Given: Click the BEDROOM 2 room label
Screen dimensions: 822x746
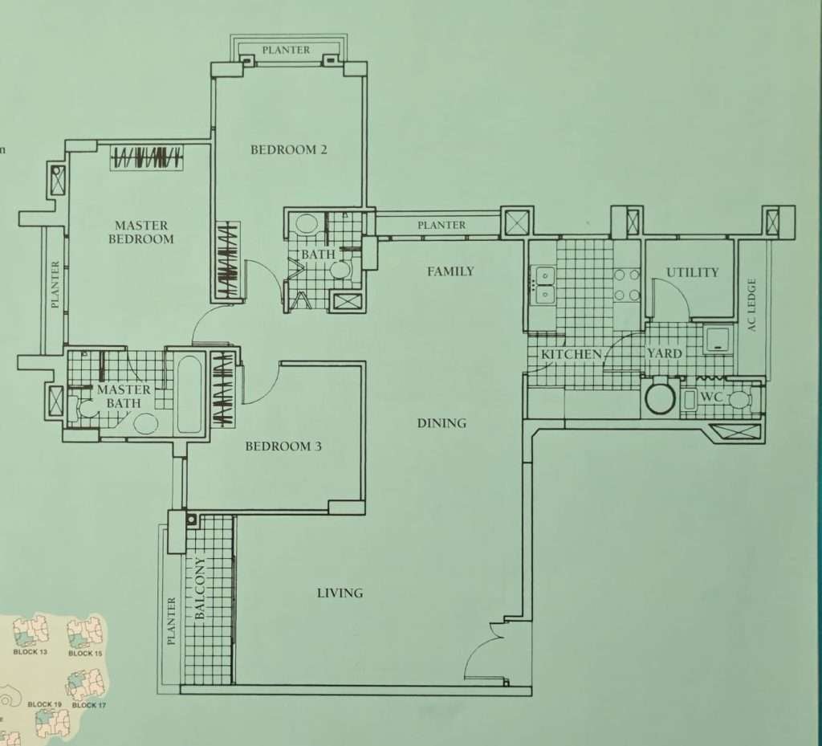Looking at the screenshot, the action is click(x=289, y=150).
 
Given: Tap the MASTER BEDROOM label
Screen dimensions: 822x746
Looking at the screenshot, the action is click(x=141, y=232).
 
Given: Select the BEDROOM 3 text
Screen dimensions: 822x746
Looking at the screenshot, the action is click(x=283, y=446).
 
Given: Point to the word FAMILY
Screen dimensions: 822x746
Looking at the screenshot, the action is click(x=450, y=271).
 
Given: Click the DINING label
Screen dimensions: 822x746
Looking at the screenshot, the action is click(x=442, y=423).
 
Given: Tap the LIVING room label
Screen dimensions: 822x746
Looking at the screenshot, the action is click(x=340, y=593).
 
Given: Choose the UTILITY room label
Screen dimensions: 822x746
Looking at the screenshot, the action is click(x=692, y=272).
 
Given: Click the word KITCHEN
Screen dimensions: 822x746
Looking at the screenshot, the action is click(x=572, y=354).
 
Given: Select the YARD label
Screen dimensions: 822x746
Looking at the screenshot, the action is click(x=664, y=353).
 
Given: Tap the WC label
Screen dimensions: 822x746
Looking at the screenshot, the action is click(x=711, y=397).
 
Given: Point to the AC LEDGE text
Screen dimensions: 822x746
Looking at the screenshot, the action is click(x=752, y=304).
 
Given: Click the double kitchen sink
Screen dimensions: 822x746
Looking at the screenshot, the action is click(x=545, y=286).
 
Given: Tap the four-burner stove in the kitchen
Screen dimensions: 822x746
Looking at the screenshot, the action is click(x=627, y=285).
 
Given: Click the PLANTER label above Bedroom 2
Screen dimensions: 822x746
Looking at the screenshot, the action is click(x=286, y=51).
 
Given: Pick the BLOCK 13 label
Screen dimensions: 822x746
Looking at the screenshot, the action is click(x=30, y=651).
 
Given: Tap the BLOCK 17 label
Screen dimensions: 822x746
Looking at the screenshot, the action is click(x=88, y=705).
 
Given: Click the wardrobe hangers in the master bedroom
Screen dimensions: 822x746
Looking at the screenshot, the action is click(x=147, y=157).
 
